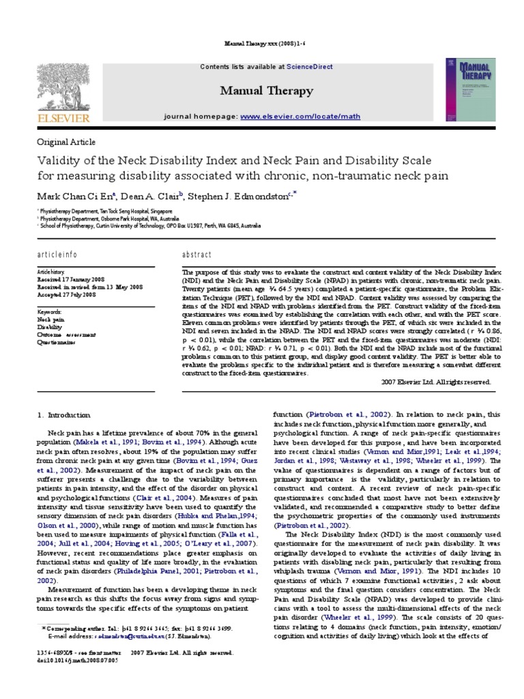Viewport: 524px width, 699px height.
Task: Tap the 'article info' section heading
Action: click(57, 254)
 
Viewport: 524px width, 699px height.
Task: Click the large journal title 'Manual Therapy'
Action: click(266, 91)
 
